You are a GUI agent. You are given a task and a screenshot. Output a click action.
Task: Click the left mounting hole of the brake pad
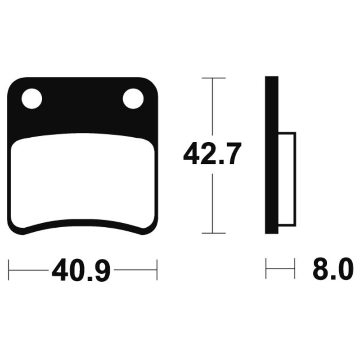coord(31,99)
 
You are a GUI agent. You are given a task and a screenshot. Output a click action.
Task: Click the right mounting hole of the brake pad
coord(133,99)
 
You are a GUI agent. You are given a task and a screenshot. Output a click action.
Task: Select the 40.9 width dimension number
coord(81,270)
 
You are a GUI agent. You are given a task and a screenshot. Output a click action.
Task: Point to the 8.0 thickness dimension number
coord(333,269)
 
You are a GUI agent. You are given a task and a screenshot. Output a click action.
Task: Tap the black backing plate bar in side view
coord(272,155)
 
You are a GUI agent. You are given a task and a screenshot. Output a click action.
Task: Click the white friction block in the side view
coord(287,179)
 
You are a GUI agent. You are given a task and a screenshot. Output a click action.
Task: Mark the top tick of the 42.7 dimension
coord(213,78)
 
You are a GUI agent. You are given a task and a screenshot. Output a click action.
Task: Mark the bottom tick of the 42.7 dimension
coord(213,233)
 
